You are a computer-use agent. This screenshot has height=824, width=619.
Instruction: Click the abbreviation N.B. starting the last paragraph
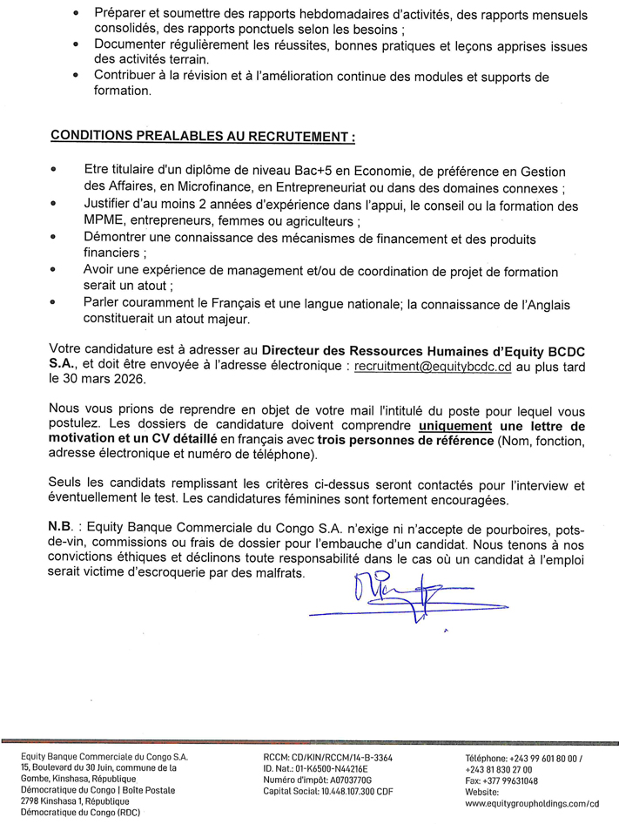point(64,531)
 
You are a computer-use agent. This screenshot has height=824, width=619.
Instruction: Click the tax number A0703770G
point(347,781)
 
